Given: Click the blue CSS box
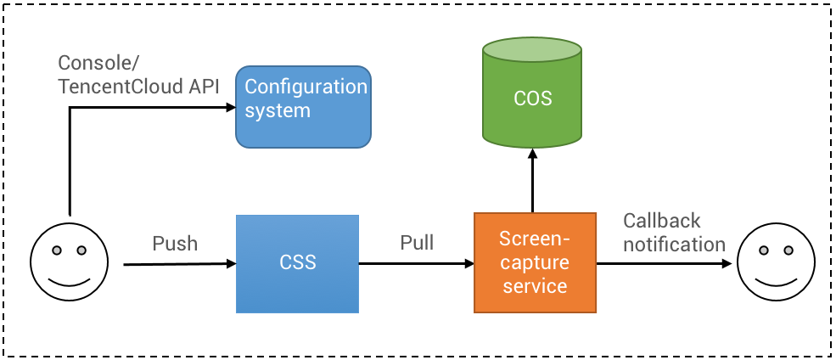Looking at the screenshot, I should tap(298, 263).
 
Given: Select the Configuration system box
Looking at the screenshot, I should tap(303, 107).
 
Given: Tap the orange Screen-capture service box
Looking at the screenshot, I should tap(535, 262).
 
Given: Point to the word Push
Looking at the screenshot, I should tap(175, 244).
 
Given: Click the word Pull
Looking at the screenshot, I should tap(417, 244).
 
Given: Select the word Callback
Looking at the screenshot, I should tap(662, 222).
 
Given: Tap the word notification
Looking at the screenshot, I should tap(674, 245).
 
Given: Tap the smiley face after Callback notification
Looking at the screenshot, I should tap(773, 260).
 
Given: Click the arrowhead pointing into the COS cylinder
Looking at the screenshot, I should tap(532, 155).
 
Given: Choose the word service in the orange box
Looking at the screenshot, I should tap(535, 285).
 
